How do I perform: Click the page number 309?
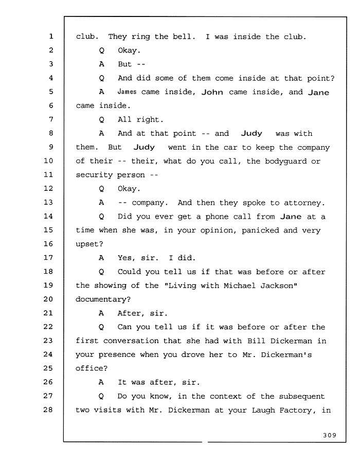click(x=330, y=435)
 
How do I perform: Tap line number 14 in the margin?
click(x=48, y=216)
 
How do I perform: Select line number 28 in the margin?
click(x=48, y=409)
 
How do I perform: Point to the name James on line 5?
click(x=127, y=92)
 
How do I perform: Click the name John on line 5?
click(x=212, y=92)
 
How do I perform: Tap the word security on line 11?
click(x=94, y=175)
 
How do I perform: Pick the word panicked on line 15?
click(x=260, y=230)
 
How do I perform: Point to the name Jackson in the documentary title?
click(x=277, y=286)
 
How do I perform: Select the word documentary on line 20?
click(x=101, y=299)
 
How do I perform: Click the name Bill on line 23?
click(x=257, y=341)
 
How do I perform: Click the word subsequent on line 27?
click(x=301, y=397)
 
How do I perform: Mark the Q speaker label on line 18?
click(x=101, y=272)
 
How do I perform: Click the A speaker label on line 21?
click(x=101, y=313)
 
